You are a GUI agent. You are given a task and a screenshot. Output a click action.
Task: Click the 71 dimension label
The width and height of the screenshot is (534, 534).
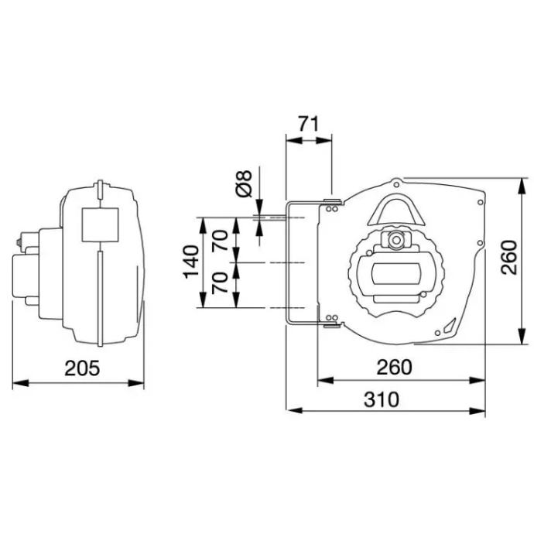[x=309, y=123]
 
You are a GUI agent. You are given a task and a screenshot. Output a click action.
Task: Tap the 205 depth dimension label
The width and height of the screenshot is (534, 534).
[x=81, y=368]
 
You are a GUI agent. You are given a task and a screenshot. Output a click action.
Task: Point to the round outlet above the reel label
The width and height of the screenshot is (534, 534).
[x=397, y=240]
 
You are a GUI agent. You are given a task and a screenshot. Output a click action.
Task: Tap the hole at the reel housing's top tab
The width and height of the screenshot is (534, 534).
[x=397, y=184]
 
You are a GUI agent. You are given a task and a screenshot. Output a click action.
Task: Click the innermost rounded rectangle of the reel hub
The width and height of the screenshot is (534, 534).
[x=396, y=274]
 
